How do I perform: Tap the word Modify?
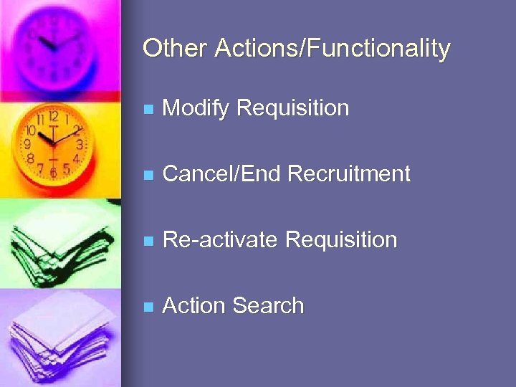coord(196,108)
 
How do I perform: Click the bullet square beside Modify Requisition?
coord(148,110)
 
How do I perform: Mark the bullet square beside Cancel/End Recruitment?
coord(148,176)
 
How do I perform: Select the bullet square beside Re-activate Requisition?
coord(148,242)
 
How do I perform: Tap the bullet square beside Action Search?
coord(148,307)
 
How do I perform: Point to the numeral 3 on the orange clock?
coord(80,144)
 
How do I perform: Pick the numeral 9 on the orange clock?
coord(27,144)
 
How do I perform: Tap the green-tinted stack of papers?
coord(57,244)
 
